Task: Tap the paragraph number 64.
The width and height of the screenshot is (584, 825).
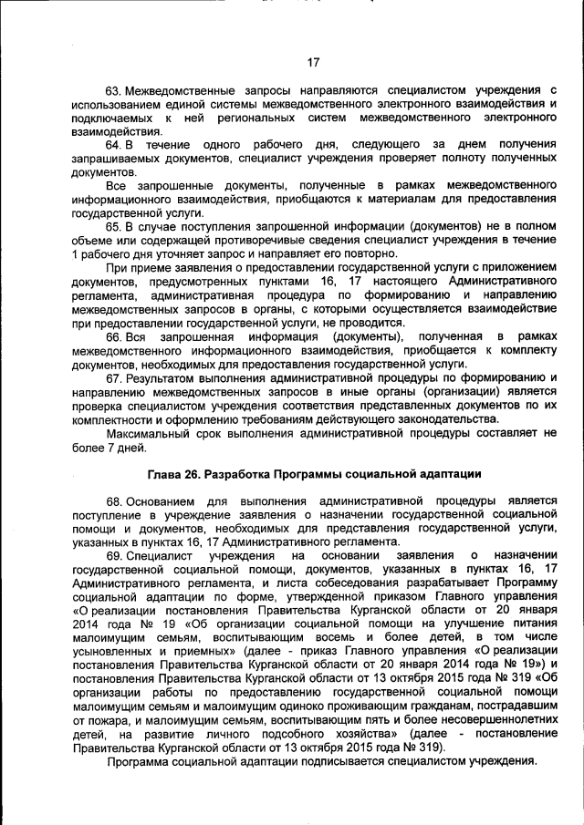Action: point(113,145)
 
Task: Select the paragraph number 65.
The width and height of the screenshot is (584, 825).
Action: point(113,226)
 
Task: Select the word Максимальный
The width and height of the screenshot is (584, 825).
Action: point(148,432)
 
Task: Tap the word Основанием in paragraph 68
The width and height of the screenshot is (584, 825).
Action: point(161,500)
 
